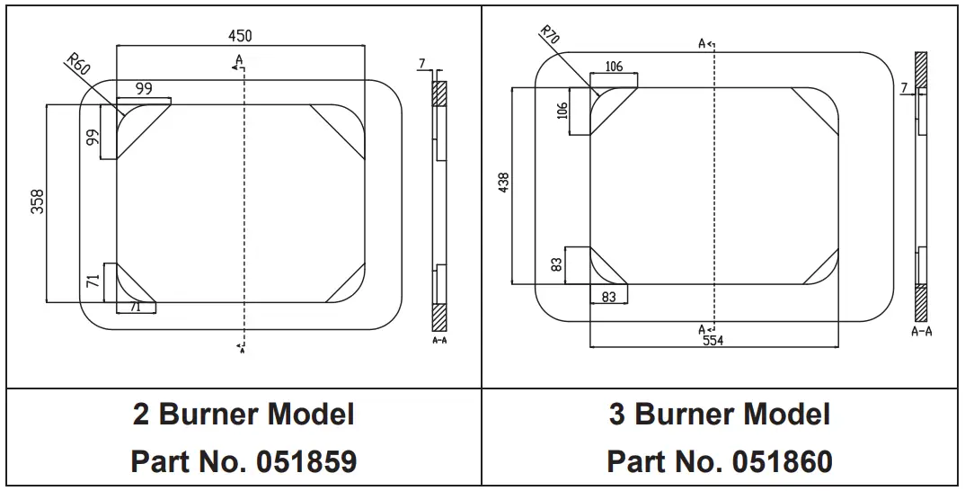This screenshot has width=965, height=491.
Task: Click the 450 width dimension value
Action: (x=240, y=36)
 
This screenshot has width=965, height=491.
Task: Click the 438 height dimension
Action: (x=503, y=184)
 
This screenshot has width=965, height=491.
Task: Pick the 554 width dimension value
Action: (x=713, y=340)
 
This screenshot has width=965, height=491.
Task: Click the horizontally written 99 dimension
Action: (x=144, y=88)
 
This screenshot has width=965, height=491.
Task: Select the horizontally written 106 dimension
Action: (x=614, y=67)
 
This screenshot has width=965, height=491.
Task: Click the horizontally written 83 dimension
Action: (x=608, y=297)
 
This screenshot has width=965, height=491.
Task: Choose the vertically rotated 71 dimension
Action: (x=93, y=281)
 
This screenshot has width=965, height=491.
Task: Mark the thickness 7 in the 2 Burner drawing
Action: (x=421, y=63)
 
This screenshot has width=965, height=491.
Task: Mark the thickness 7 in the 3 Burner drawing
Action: (x=903, y=87)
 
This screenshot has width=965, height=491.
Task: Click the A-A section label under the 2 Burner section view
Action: (x=439, y=342)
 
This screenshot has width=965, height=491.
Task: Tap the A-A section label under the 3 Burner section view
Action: (x=921, y=332)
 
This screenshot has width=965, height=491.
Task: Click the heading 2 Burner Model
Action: (x=243, y=415)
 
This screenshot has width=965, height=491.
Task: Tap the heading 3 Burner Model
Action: (x=720, y=415)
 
